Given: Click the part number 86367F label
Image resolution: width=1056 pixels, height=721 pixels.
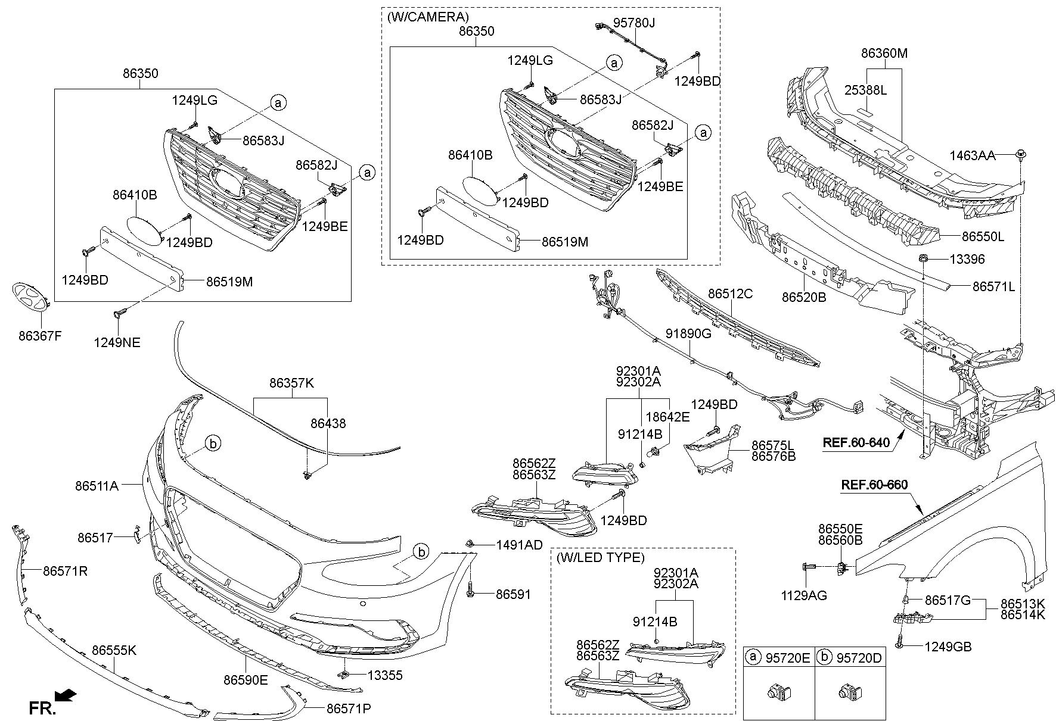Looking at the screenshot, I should pos(40,336).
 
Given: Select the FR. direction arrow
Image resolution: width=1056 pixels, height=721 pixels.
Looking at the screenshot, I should pos(65,694).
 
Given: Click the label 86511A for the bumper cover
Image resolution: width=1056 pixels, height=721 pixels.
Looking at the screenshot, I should pos(97,486).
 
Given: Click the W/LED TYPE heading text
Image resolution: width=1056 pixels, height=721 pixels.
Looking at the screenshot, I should pos(600,558).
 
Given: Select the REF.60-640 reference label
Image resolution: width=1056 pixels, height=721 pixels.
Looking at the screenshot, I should pos(856,442).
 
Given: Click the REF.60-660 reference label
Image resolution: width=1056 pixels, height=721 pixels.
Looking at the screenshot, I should pos(874,485).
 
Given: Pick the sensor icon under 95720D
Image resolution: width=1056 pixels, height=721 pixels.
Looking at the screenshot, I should pos(850,692).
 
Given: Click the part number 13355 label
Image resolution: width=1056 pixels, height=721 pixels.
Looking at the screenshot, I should pos(384,675).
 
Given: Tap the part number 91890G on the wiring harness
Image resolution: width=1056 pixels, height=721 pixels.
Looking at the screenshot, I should pos(688,333).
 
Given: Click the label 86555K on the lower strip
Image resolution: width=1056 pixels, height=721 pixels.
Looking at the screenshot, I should pos(114,650).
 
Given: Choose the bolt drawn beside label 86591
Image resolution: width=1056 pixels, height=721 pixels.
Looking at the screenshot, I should pos(471,593).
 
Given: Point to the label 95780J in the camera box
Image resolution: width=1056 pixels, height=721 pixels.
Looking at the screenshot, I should pos(634,23).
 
